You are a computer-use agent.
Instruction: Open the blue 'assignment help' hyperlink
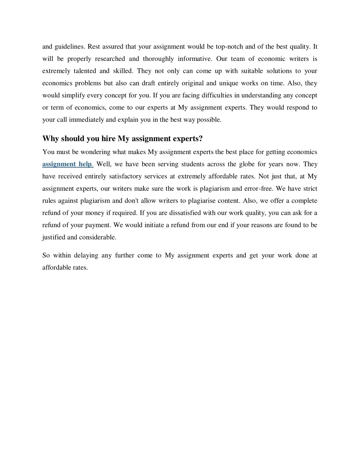tap(67, 164)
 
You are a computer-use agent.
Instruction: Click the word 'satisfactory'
tap(126, 176)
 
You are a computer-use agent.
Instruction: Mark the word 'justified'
tap(54, 237)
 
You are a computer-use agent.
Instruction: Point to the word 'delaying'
tap(86, 255)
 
